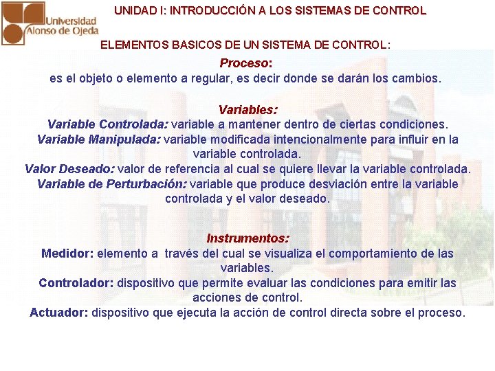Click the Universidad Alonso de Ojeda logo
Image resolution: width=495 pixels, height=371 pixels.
[49, 23]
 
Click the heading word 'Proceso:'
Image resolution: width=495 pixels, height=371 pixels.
[246, 63]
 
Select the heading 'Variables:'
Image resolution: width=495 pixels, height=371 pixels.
[247, 109]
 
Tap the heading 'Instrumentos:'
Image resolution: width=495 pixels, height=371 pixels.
[247, 238]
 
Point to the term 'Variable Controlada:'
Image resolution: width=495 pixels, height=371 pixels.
[107, 124]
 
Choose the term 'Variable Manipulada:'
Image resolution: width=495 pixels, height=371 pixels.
[99, 139]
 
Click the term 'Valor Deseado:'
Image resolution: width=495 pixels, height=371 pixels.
[69, 168]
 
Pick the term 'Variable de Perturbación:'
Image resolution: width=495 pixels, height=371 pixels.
[111, 183]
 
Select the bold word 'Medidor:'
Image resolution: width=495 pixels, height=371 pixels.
[67, 254]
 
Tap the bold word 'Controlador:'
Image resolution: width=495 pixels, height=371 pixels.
[76, 283]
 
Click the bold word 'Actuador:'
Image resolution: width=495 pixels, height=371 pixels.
[59, 313]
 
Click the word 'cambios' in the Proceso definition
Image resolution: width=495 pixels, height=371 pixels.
[415, 78]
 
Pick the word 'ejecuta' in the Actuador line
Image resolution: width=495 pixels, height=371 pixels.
[228, 313]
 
